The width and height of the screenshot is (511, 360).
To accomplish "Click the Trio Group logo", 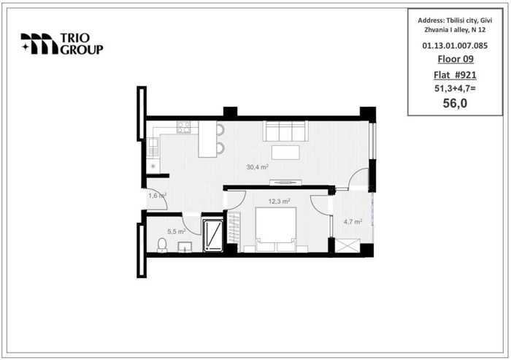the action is coord(62,44).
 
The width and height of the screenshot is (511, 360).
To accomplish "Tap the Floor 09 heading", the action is coord(456,59).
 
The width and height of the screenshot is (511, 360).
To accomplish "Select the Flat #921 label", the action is coord(455,75).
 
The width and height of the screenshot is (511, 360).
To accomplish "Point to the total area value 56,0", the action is coord(455,103).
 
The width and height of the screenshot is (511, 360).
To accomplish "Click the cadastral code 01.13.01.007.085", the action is coord(455,46).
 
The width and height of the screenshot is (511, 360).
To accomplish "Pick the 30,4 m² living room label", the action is coord(257,167).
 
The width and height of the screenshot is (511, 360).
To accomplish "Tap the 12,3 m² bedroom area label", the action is coord(279,202).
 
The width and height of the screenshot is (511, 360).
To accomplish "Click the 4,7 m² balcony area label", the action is coord(353,222).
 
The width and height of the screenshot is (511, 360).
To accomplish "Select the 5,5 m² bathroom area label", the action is coord(177,231).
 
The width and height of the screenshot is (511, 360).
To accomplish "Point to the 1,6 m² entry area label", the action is coord(158,196).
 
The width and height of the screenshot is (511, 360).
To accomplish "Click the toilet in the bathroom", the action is coord(162,245).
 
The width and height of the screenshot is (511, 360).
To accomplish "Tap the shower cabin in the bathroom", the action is coord(213,235).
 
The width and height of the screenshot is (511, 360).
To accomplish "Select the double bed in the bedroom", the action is coord(276,229).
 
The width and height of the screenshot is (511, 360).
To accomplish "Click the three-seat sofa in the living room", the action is coord(286,131).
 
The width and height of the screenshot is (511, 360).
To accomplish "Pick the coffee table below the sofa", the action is coord(285,153).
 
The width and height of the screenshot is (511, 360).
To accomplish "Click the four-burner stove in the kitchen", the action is coord(184,127).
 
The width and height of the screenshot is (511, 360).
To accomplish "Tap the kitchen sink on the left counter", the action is coord(153,147).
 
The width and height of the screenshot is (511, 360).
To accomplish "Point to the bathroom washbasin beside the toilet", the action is coord(185,247).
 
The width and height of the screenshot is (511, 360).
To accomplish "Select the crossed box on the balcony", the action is coord(347,245).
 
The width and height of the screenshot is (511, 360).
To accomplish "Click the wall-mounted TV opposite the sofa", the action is coord(285,183).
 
